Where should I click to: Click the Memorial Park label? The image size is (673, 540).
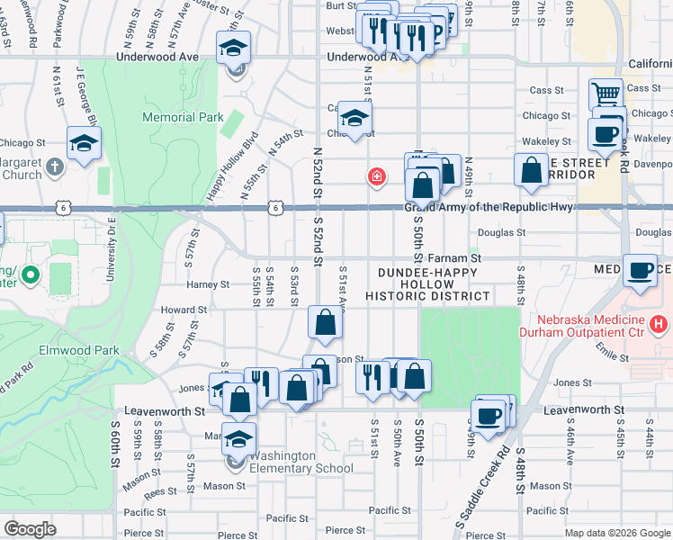click(170, 117)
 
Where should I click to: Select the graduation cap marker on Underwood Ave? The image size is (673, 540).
click(234, 48)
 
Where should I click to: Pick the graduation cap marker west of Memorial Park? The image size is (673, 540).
click(84, 143)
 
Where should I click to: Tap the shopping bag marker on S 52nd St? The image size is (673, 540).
click(325, 322)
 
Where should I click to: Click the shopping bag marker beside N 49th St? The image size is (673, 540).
click(532, 170)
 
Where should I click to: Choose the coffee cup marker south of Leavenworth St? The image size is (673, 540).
click(489, 417)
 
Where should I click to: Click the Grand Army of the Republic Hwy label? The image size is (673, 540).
click(489, 207)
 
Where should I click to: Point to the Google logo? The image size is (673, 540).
click(31, 529)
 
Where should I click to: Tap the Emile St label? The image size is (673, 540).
click(611, 356)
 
